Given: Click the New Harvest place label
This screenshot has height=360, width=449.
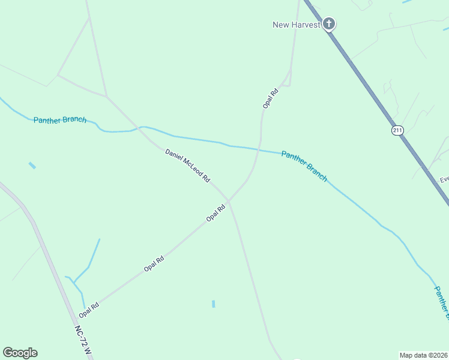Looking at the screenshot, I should coord(297,25).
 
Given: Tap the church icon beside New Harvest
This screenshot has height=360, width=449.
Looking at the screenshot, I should coord(328,24).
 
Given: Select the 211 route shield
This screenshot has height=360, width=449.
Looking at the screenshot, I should coord(397,130).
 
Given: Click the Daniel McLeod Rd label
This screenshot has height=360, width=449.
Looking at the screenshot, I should coord(188,166).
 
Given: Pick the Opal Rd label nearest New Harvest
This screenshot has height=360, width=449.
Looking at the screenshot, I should coord(271,98).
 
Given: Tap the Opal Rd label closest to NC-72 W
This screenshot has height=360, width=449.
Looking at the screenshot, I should coord(88,310).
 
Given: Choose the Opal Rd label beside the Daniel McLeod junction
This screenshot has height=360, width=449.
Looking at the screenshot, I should coord(215,213).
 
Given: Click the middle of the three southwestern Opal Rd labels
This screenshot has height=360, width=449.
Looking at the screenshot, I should coord(154,264).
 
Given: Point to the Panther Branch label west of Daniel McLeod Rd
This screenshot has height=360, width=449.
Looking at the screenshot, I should coord(60,120).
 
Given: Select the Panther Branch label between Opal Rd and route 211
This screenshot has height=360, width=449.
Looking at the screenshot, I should coord(304,166).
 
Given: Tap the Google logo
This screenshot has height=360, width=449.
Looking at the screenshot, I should coord(20,353).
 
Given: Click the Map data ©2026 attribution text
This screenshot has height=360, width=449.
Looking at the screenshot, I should coord(423,355).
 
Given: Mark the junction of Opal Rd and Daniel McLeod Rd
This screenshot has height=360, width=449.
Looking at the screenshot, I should coord(229,201).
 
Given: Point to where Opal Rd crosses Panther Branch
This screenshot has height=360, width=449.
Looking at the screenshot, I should coord(259,149).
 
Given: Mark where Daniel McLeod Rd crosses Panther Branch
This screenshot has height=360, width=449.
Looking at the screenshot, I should coord(142,127).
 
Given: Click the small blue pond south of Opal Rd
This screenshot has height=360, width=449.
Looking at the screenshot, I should coord(213,304).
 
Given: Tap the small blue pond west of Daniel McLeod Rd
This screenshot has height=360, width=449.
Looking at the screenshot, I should coord(32,165).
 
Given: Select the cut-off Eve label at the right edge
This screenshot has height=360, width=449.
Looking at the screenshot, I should coord(444,179).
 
